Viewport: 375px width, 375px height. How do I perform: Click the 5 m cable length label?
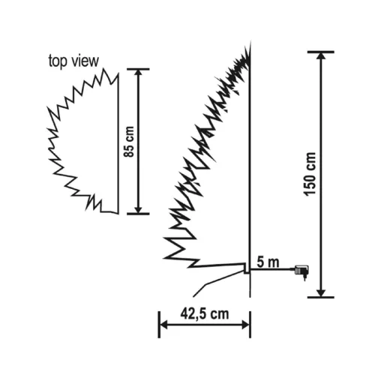pyautogui.click(x=268, y=262)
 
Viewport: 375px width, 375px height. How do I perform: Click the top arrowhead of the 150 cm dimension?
pyautogui.click(x=320, y=58)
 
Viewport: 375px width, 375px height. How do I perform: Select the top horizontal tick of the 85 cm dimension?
pyautogui.click(x=137, y=69)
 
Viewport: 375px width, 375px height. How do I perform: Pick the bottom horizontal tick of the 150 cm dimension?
pyautogui.click(x=320, y=297)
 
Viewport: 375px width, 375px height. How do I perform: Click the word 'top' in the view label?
pyautogui.click(x=57, y=61)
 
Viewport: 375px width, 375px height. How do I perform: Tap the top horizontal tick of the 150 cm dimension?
pyautogui.click(x=320, y=52)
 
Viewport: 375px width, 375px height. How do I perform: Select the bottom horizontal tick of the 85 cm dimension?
pyautogui.click(x=137, y=214)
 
